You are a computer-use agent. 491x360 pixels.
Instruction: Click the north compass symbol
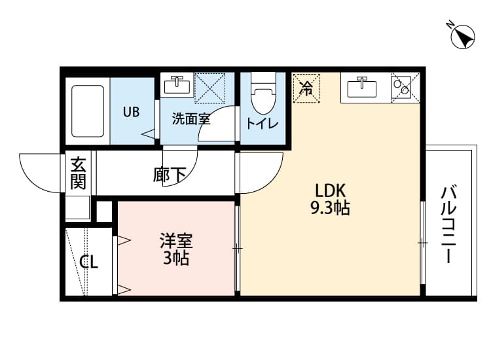point(462,37)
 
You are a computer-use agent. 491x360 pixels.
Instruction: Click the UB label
point(131,111)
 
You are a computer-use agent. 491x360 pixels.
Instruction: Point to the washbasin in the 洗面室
point(177,85)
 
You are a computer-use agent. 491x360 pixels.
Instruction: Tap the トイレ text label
point(263,124)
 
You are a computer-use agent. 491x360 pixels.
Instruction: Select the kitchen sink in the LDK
point(359,86)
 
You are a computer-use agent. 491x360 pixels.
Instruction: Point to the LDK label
point(331,190)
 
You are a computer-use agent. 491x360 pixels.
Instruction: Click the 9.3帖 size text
point(330,209)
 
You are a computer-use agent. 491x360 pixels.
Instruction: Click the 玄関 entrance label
point(79,173)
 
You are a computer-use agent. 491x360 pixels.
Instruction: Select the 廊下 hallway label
point(170,175)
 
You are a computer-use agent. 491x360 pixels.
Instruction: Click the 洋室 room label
point(175,240)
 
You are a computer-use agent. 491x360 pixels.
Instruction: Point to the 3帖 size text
point(175,258)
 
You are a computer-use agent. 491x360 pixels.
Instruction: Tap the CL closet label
point(89,263)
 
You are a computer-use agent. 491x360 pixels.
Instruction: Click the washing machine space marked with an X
point(210,88)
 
